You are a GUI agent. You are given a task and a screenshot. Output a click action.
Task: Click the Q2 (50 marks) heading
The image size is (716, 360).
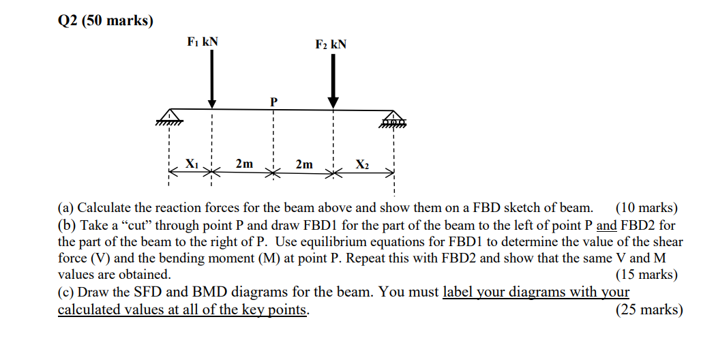tap(106, 21)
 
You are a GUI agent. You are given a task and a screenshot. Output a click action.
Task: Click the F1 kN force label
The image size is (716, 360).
tap(203, 42)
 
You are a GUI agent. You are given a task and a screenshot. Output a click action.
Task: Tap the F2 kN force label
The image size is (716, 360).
tap(331, 45)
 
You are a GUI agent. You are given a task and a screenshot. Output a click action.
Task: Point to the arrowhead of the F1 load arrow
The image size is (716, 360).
tap(212, 104)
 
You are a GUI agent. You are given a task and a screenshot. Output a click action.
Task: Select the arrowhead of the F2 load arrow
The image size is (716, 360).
tap(333, 102)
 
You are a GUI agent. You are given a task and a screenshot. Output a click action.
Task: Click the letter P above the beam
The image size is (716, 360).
tap(273, 102)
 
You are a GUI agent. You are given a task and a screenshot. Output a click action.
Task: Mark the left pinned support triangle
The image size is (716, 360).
tap(169, 117)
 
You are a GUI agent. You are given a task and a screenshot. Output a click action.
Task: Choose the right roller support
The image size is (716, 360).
tap(393, 119)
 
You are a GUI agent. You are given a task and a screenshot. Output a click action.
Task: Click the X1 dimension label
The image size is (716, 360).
tap(192, 163)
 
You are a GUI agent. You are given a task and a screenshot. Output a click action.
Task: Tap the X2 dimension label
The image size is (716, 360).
tap(363, 164)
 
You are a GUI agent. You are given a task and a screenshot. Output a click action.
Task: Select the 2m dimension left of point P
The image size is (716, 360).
tap(244, 164)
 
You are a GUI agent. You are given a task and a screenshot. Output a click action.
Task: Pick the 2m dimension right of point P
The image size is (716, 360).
tap(304, 164)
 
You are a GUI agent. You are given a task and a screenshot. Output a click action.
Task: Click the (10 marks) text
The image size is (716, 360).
tap(646, 208)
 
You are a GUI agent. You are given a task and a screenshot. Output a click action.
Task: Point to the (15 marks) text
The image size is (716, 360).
tap(646, 275)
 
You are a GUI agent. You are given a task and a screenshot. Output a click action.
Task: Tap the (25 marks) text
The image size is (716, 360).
tap(649, 310)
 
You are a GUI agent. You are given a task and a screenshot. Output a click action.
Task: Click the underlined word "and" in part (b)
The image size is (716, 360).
tap(607, 225)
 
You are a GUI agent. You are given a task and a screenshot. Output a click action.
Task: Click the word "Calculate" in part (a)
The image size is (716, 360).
tap(104, 208)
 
